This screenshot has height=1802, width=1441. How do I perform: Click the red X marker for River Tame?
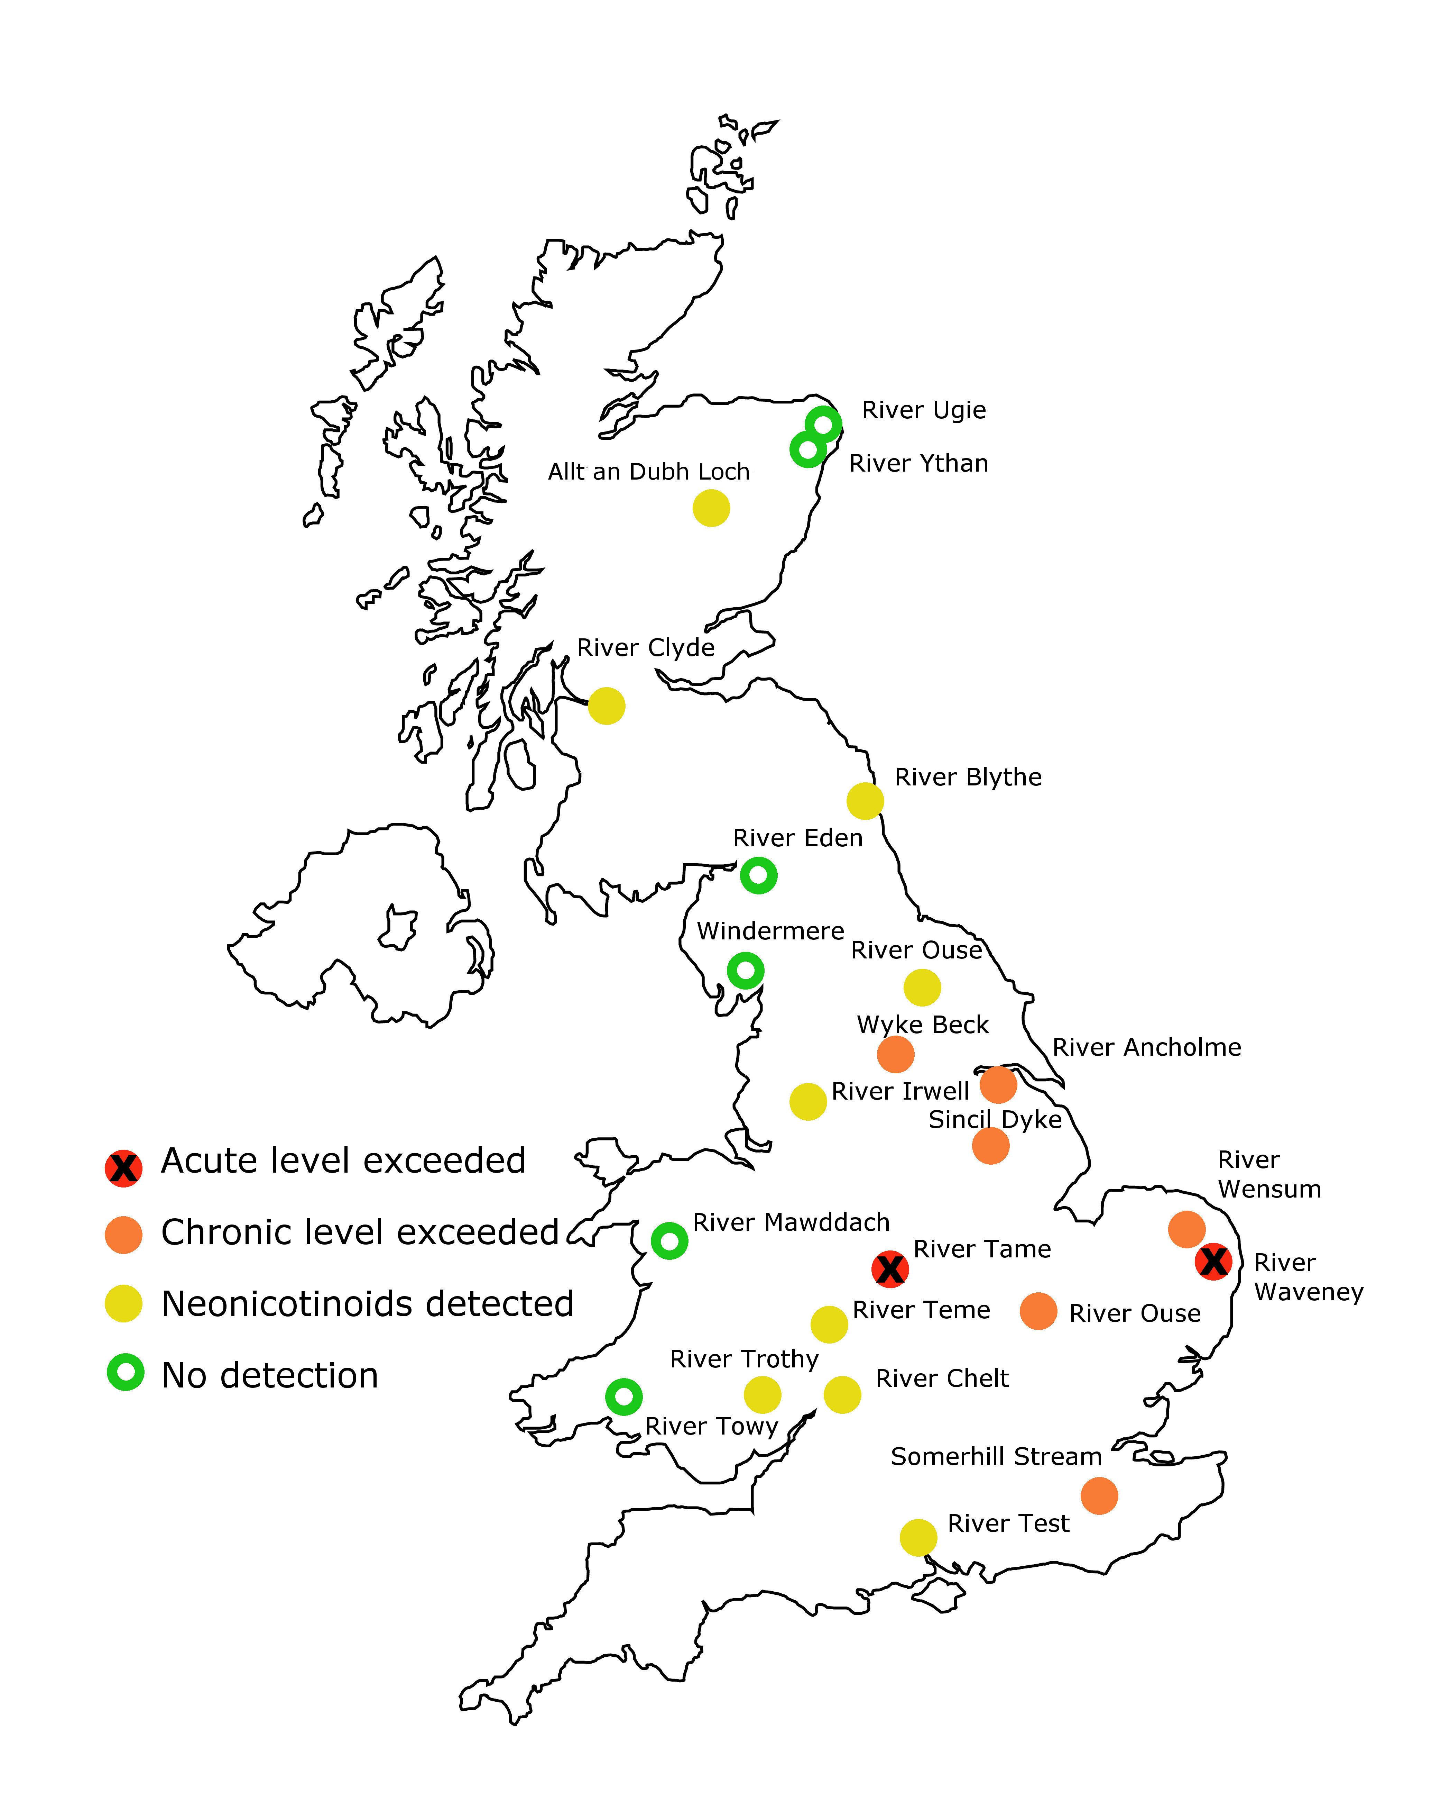(x=890, y=1269)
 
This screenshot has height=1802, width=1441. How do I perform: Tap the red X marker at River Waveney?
(x=1213, y=1261)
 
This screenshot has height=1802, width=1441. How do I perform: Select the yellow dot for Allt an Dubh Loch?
(x=711, y=508)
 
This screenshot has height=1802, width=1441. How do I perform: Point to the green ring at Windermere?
(x=745, y=970)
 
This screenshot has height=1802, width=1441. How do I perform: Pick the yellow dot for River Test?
(x=918, y=1537)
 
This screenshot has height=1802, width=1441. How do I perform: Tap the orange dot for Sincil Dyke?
(x=991, y=1145)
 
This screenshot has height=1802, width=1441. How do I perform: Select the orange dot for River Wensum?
(x=1186, y=1229)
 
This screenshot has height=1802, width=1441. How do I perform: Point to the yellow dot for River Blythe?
(x=865, y=801)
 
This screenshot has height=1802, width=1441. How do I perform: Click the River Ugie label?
(x=924, y=410)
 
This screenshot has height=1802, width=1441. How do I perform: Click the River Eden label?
(x=798, y=838)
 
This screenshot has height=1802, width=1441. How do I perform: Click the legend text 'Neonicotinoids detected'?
(x=368, y=1304)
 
